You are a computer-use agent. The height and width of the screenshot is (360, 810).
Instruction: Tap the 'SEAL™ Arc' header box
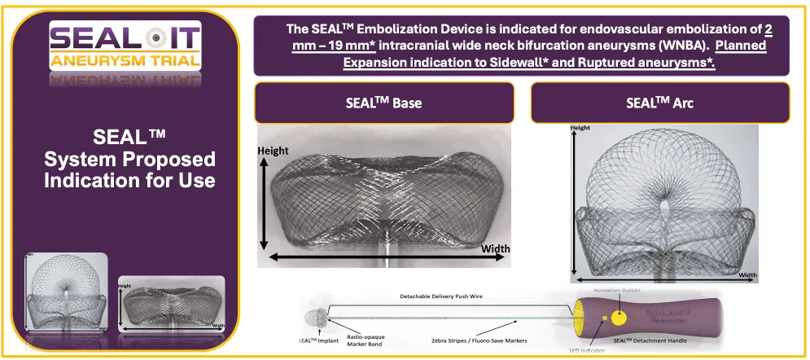pos(659,103)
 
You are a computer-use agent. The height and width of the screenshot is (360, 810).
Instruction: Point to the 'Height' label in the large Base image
pos(274,151)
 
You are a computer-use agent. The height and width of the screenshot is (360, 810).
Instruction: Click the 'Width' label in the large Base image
pos(497,248)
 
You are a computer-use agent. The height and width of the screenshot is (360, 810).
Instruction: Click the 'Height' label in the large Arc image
pos(580,128)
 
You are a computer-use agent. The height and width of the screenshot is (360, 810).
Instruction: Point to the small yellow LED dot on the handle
pos(603,318)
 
